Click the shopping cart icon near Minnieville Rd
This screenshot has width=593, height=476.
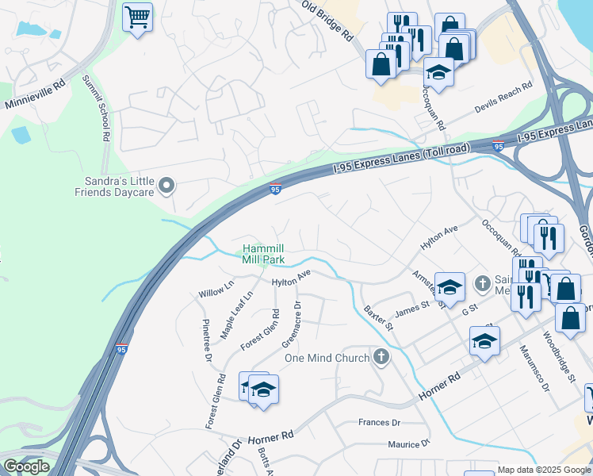(x=138, y=15)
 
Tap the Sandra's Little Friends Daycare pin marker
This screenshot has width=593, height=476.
(x=166, y=186)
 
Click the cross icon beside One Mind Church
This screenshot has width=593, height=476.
(x=381, y=357)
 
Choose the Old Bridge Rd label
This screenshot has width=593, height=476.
(x=327, y=21)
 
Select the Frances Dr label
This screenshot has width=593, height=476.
(x=381, y=422)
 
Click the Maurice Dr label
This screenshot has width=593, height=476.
(x=408, y=444)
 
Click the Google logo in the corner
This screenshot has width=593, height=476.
(x=26, y=466)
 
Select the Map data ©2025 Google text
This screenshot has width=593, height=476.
(x=544, y=470)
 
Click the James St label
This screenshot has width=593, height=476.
(x=411, y=308)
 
